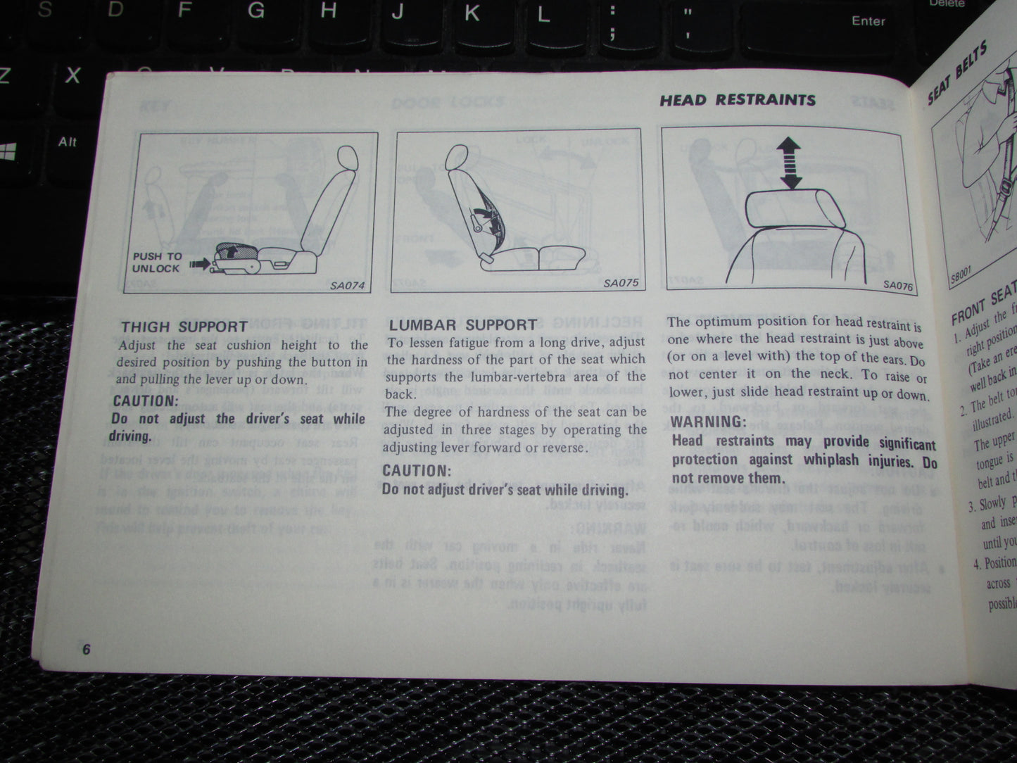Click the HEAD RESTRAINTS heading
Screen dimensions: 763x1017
tap(737, 100)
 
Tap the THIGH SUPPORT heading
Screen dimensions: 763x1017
tap(184, 327)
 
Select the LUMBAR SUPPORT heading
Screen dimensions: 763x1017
tap(462, 324)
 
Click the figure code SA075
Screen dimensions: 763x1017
tap(620, 284)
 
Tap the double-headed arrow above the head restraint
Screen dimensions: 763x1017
tap(790, 163)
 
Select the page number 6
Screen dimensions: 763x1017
tap(86, 649)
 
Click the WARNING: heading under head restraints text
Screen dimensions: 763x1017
tap(708, 422)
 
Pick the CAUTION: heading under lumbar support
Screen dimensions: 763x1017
tap(415, 471)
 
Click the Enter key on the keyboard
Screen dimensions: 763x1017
tap(868, 21)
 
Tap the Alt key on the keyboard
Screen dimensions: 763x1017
tap(68, 142)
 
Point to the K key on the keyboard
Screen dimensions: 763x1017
tap(471, 13)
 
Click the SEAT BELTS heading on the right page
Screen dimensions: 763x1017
tap(957, 72)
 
